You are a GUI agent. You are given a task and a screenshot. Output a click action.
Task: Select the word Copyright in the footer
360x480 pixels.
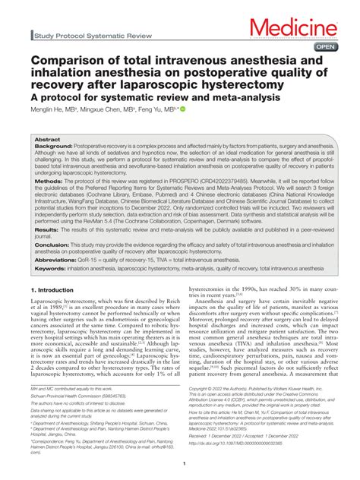point(200,387)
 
